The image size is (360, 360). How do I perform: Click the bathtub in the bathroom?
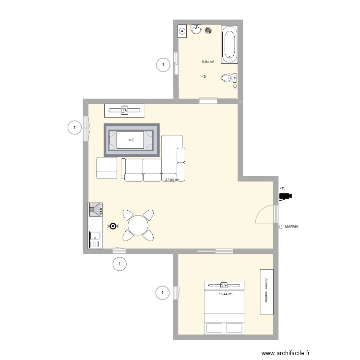coord(229,45)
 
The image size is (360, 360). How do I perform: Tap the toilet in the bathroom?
coord(228,78)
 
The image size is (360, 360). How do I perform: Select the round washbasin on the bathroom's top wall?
coord(196,30)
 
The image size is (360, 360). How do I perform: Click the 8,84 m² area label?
coord(207,61)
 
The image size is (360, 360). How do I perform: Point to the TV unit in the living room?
coord(125,110)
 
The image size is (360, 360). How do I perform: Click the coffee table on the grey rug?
coord(132,140)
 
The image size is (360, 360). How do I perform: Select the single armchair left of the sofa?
coord(107,168)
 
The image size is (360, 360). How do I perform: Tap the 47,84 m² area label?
coord(172,180)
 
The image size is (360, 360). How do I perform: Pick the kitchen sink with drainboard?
coord(95,240)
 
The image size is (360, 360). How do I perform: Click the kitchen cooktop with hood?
coord(95,210)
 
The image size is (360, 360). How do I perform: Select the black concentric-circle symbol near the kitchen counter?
coord(113,226)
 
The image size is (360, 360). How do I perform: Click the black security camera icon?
coord(286,196)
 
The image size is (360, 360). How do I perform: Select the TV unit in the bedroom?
coord(224,285)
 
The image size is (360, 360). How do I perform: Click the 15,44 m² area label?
coord(226,294)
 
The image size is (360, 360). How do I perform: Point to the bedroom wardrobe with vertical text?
coord(266,292)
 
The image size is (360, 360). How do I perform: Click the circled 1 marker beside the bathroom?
coord(163,65)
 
